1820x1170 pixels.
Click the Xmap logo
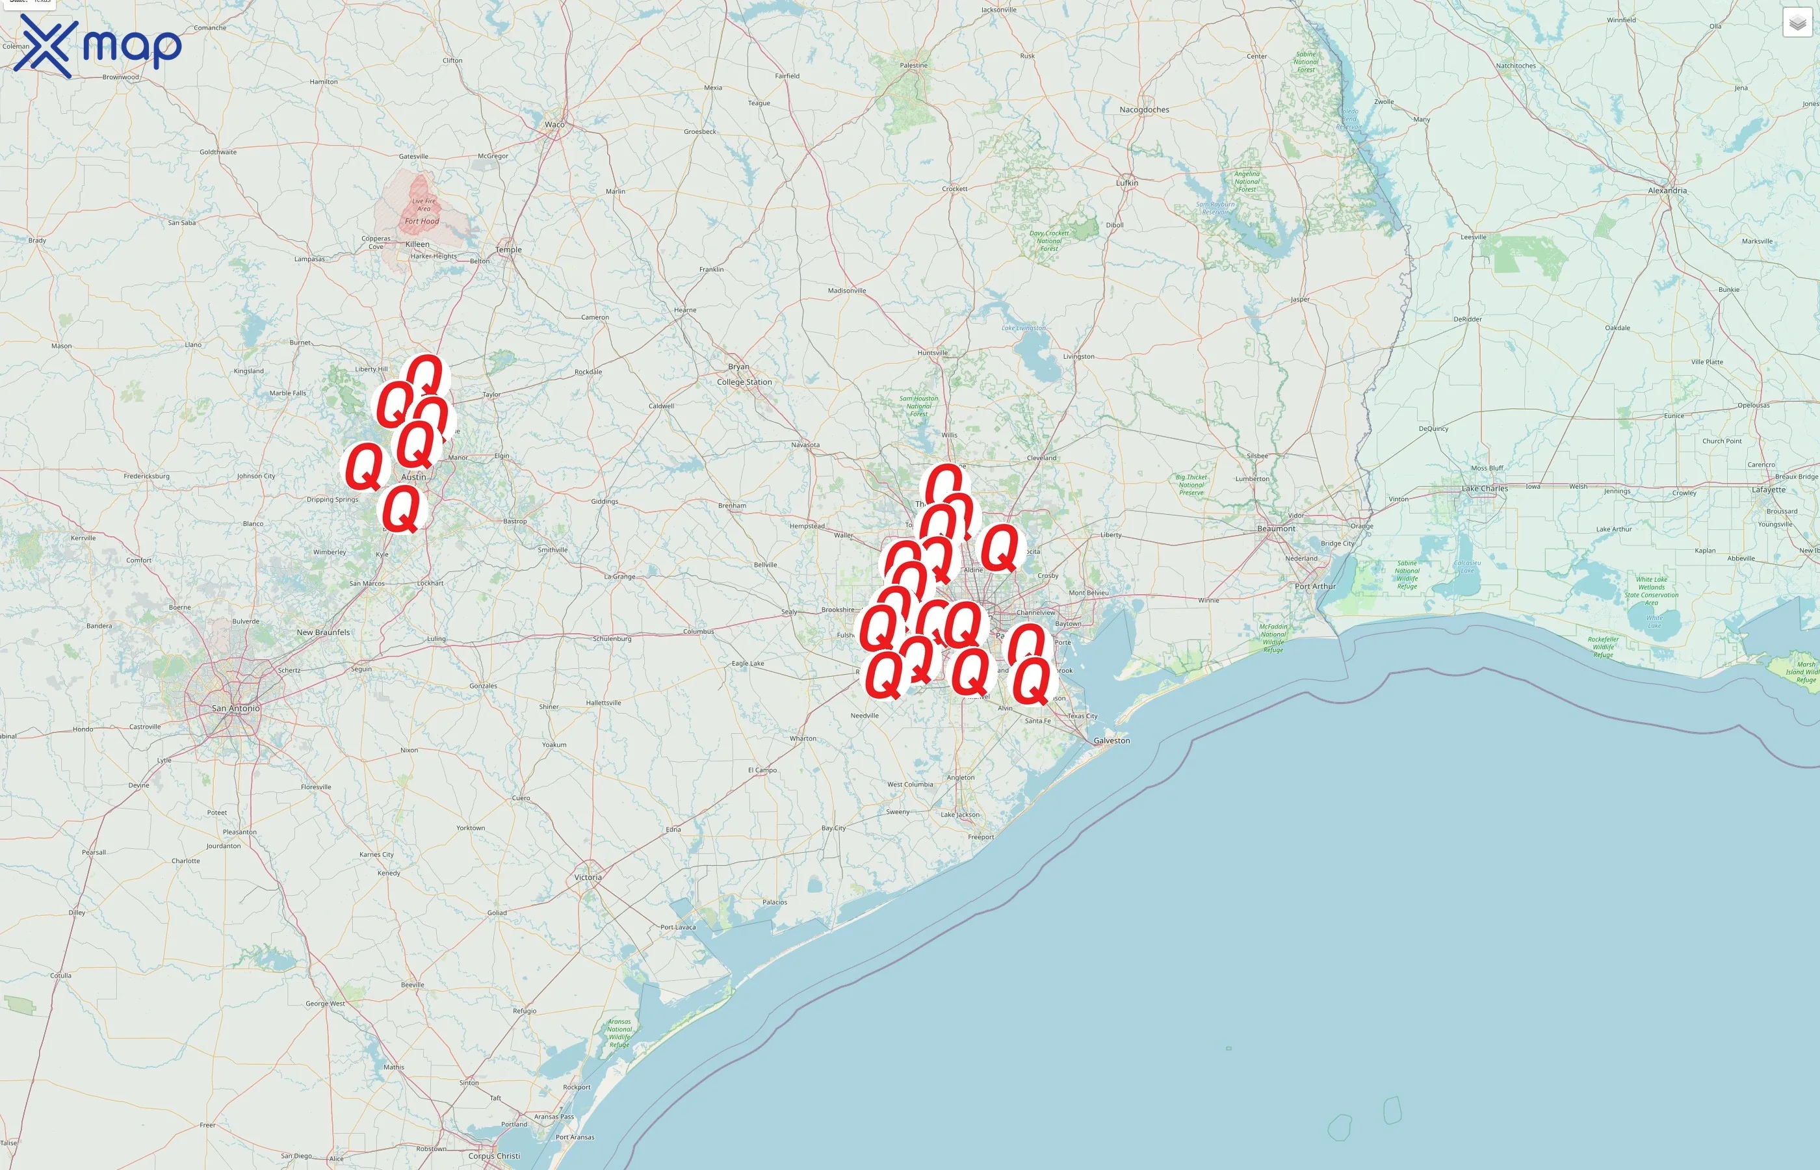point(97,45)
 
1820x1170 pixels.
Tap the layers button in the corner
point(1797,23)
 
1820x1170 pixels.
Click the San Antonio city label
point(235,708)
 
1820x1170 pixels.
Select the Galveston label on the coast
point(1111,741)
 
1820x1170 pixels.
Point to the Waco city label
point(554,125)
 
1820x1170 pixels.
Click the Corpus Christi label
point(494,1156)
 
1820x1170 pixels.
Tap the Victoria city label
point(588,877)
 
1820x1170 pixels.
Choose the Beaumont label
point(1276,529)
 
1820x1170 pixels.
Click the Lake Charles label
point(1484,489)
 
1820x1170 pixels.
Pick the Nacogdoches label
point(1144,110)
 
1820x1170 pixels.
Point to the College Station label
point(744,382)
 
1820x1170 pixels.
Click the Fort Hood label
point(422,221)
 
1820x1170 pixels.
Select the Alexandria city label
point(1667,190)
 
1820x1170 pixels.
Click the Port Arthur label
point(1315,586)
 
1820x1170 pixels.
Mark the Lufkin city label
point(1126,183)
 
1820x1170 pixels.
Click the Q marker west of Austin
point(365,467)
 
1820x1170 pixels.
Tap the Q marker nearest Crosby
point(1000,547)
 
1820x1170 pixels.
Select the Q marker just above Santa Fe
point(1032,681)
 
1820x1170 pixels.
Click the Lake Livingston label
point(1023,328)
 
